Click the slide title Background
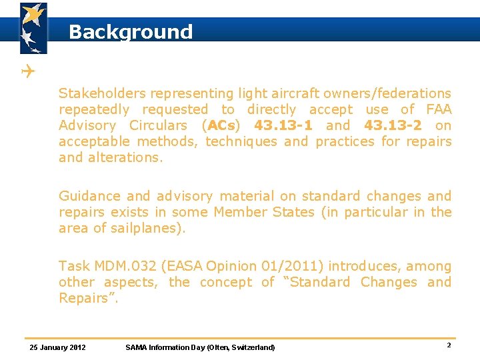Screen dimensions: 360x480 [130, 31]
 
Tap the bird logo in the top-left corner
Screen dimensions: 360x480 [33, 27]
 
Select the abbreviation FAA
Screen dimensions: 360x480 [438, 109]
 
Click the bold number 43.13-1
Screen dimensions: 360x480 [283, 125]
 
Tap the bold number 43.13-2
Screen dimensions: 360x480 [393, 125]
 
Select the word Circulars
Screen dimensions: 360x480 [158, 125]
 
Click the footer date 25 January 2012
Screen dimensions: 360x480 [58, 347]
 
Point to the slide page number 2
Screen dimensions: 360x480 [449, 345]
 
